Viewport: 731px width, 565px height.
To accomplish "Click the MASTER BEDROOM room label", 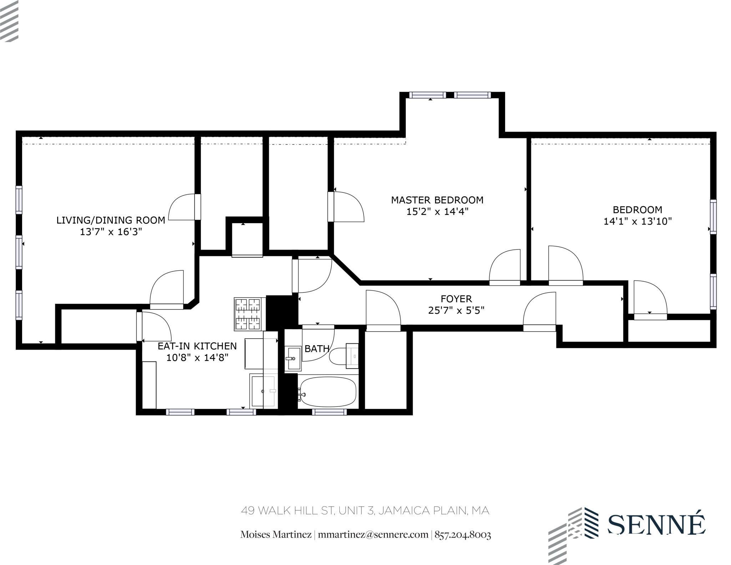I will pyautogui.click(x=437, y=200).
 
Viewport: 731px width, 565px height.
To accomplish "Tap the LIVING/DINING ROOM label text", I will pyautogui.click(x=111, y=220).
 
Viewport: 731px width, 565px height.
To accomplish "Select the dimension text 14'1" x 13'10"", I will pyautogui.click(x=637, y=221).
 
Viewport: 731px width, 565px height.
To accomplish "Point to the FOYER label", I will pyautogui.click(x=456, y=299).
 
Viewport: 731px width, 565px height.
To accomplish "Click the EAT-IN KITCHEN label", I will pyautogui.click(x=197, y=346).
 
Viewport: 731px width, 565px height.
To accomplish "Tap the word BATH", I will pyautogui.click(x=317, y=349).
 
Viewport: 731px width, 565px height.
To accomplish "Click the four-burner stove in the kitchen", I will pyautogui.click(x=248, y=314).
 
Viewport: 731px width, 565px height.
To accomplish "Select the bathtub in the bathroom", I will pyautogui.click(x=328, y=392).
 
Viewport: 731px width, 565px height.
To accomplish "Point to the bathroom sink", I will pyautogui.click(x=293, y=358).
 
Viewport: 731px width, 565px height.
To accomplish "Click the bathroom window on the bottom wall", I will pyautogui.click(x=329, y=412).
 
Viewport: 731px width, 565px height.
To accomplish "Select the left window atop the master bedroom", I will pyautogui.click(x=427, y=95).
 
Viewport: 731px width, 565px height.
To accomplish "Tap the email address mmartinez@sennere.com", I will pyautogui.click(x=373, y=535).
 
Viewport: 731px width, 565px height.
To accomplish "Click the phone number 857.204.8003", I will pyautogui.click(x=463, y=535).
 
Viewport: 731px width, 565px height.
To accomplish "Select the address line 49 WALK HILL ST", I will pyautogui.click(x=365, y=511).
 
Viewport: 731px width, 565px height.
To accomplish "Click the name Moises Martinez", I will pyautogui.click(x=276, y=535).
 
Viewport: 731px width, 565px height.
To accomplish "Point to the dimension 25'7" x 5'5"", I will pyautogui.click(x=456, y=310).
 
